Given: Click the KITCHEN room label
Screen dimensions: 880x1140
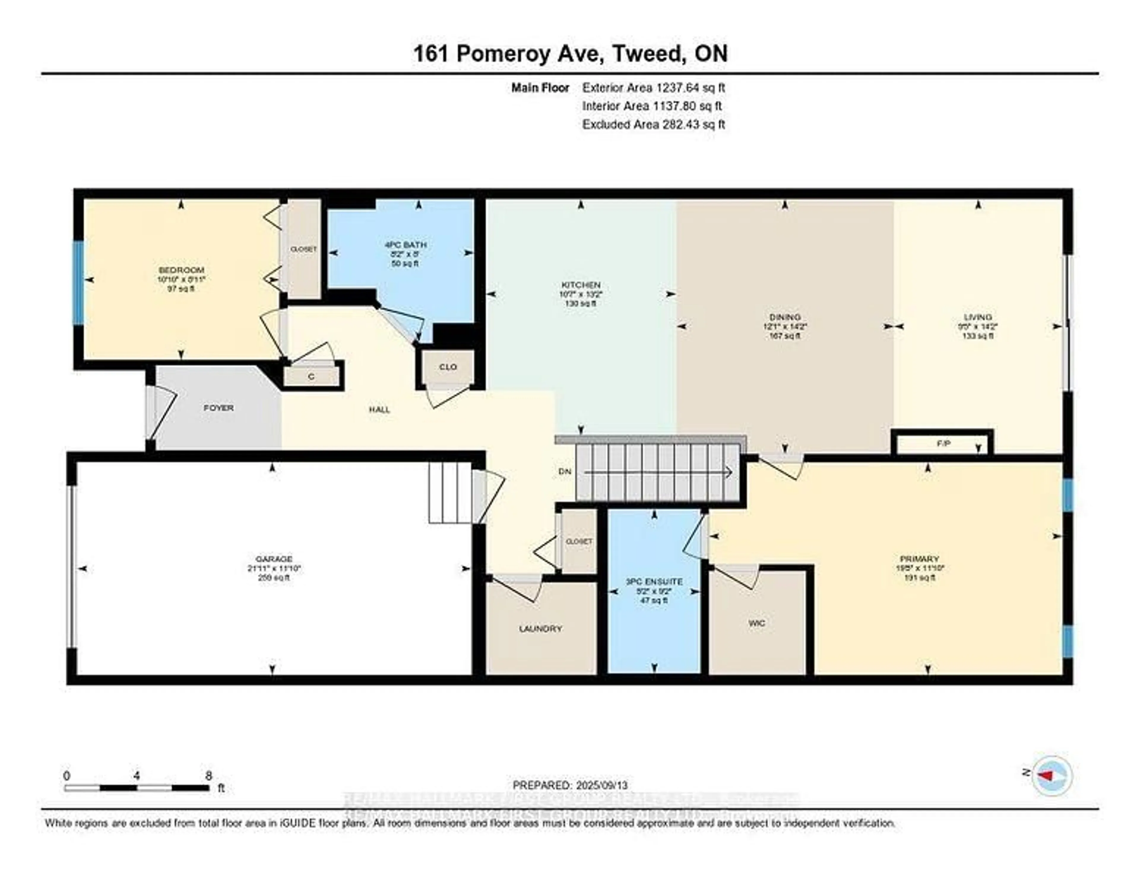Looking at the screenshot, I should tap(580, 285).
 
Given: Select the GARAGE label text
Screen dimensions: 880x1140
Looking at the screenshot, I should tap(274, 559).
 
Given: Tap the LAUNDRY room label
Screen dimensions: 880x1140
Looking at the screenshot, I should tap(540, 629).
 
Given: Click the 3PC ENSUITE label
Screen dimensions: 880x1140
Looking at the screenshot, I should tap(654, 581).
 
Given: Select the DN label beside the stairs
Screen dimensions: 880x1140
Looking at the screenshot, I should tap(565, 471).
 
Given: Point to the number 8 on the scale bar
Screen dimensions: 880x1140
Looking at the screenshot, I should tap(209, 776).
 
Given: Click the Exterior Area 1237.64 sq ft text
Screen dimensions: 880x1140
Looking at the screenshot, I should tap(653, 88).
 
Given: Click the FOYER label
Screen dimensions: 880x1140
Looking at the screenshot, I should tap(218, 408).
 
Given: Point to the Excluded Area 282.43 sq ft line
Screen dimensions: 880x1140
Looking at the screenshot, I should tap(653, 125).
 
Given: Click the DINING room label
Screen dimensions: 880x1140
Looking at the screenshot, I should tap(785, 317).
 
